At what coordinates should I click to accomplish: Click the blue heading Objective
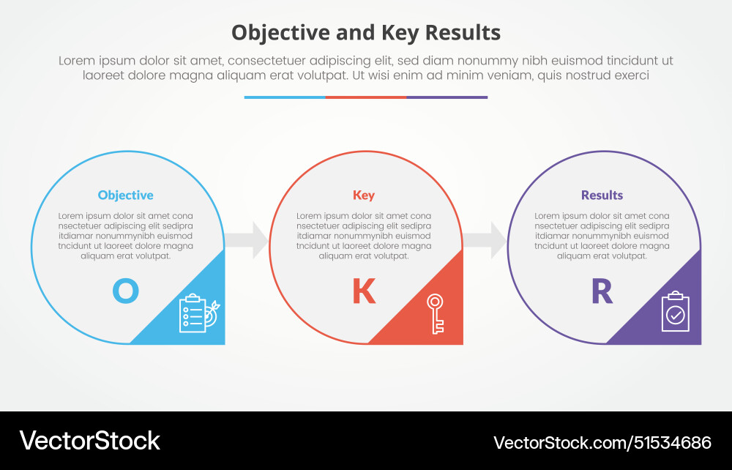(x=125, y=195)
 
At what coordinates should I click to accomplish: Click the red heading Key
(x=364, y=195)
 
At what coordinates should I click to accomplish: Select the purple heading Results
(x=602, y=195)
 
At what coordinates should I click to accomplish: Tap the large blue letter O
(x=125, y=291)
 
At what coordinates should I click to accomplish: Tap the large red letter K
(x=364, y=291)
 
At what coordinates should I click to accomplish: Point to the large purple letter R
(x=602, y=291)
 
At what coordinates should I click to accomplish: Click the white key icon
(x=436, y=313)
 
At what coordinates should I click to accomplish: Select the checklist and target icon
(x=198, y=313)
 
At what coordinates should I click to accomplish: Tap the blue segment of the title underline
(x=285, y=97)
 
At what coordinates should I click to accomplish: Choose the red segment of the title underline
(x=366, y=97)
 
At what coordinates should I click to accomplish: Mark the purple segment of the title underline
(x=447, y=97)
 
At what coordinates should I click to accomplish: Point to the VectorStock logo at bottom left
(x=89, y=441)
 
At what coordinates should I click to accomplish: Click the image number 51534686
(x=671, y=442)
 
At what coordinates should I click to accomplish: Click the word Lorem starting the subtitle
(x=78, y=61)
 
